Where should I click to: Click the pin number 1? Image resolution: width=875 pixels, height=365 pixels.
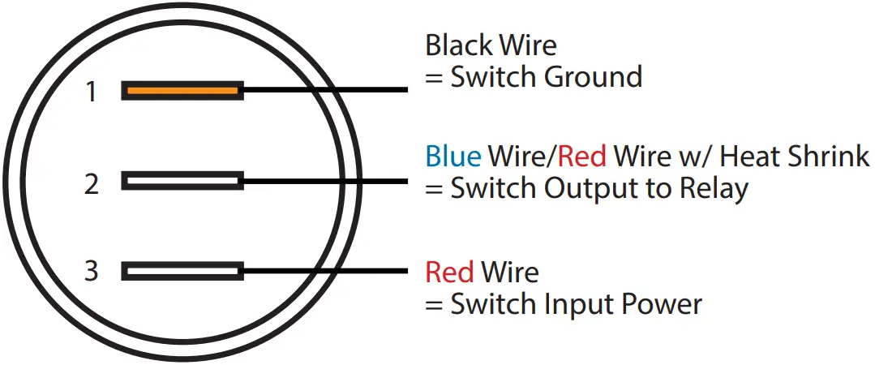(x=92, y=92)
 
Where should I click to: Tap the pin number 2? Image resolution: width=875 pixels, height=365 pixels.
(x=92, y=184)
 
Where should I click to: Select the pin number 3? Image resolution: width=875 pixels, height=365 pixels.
(x=92, y=270)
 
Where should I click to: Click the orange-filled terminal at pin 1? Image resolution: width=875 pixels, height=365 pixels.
(x=182, y=91)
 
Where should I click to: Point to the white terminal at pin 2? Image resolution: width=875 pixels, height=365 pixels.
(x=182, y=180)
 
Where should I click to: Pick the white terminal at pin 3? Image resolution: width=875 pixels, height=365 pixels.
(x=182, y=271)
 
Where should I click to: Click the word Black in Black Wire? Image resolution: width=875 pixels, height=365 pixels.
(x=456, y=45)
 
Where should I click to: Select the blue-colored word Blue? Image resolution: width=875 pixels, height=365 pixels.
(x=453, y=155)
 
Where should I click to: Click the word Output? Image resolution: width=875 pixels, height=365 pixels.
(x=588, y=188)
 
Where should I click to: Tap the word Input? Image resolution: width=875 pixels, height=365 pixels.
(x=580, y=304)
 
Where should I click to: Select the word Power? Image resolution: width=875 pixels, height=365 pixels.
(x=661, y=304)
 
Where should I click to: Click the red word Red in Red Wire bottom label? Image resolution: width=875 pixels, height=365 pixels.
(x=449, y=272)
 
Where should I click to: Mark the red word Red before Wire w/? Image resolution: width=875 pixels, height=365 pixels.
(x=584, y=155)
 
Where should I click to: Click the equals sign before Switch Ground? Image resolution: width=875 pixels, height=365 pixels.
(x=434, y=79)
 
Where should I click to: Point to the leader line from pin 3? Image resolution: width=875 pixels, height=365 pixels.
(x=324, y=271)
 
